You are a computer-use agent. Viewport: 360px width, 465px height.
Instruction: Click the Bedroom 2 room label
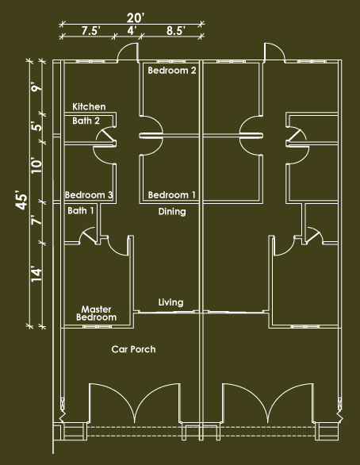point(172,71)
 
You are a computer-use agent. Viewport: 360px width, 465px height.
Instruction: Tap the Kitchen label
point(89,106)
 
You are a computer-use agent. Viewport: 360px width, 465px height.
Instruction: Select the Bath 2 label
point(86,121)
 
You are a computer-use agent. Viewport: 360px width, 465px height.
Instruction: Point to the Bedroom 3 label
point(89,195)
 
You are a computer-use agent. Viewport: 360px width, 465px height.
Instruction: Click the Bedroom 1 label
point(172,195)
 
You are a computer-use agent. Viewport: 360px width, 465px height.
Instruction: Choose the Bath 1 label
point(81,210)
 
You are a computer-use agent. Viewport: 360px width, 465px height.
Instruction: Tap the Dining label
point(172,212)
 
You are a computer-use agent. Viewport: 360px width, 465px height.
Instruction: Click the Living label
point(170,302)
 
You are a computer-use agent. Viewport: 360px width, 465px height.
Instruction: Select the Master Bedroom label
point(96,313)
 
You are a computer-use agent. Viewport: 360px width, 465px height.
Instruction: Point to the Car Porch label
point(133,349)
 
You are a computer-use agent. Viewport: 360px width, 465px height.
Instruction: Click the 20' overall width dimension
point(136,18)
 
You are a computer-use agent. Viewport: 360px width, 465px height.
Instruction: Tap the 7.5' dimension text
point(91,30)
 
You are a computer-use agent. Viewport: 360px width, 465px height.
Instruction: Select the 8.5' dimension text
point(176,30)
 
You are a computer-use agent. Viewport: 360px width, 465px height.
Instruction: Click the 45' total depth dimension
point(22,202)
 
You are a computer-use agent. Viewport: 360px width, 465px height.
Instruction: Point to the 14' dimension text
point(37,275)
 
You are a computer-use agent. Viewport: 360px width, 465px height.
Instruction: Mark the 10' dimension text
point(37,166)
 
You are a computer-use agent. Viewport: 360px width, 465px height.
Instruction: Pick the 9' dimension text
point(37,88)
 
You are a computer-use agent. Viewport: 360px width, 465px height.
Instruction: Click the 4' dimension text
point(132,30)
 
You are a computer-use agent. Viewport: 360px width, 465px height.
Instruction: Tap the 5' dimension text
point(37,126)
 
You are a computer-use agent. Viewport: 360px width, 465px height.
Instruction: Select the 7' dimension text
point(37,221)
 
